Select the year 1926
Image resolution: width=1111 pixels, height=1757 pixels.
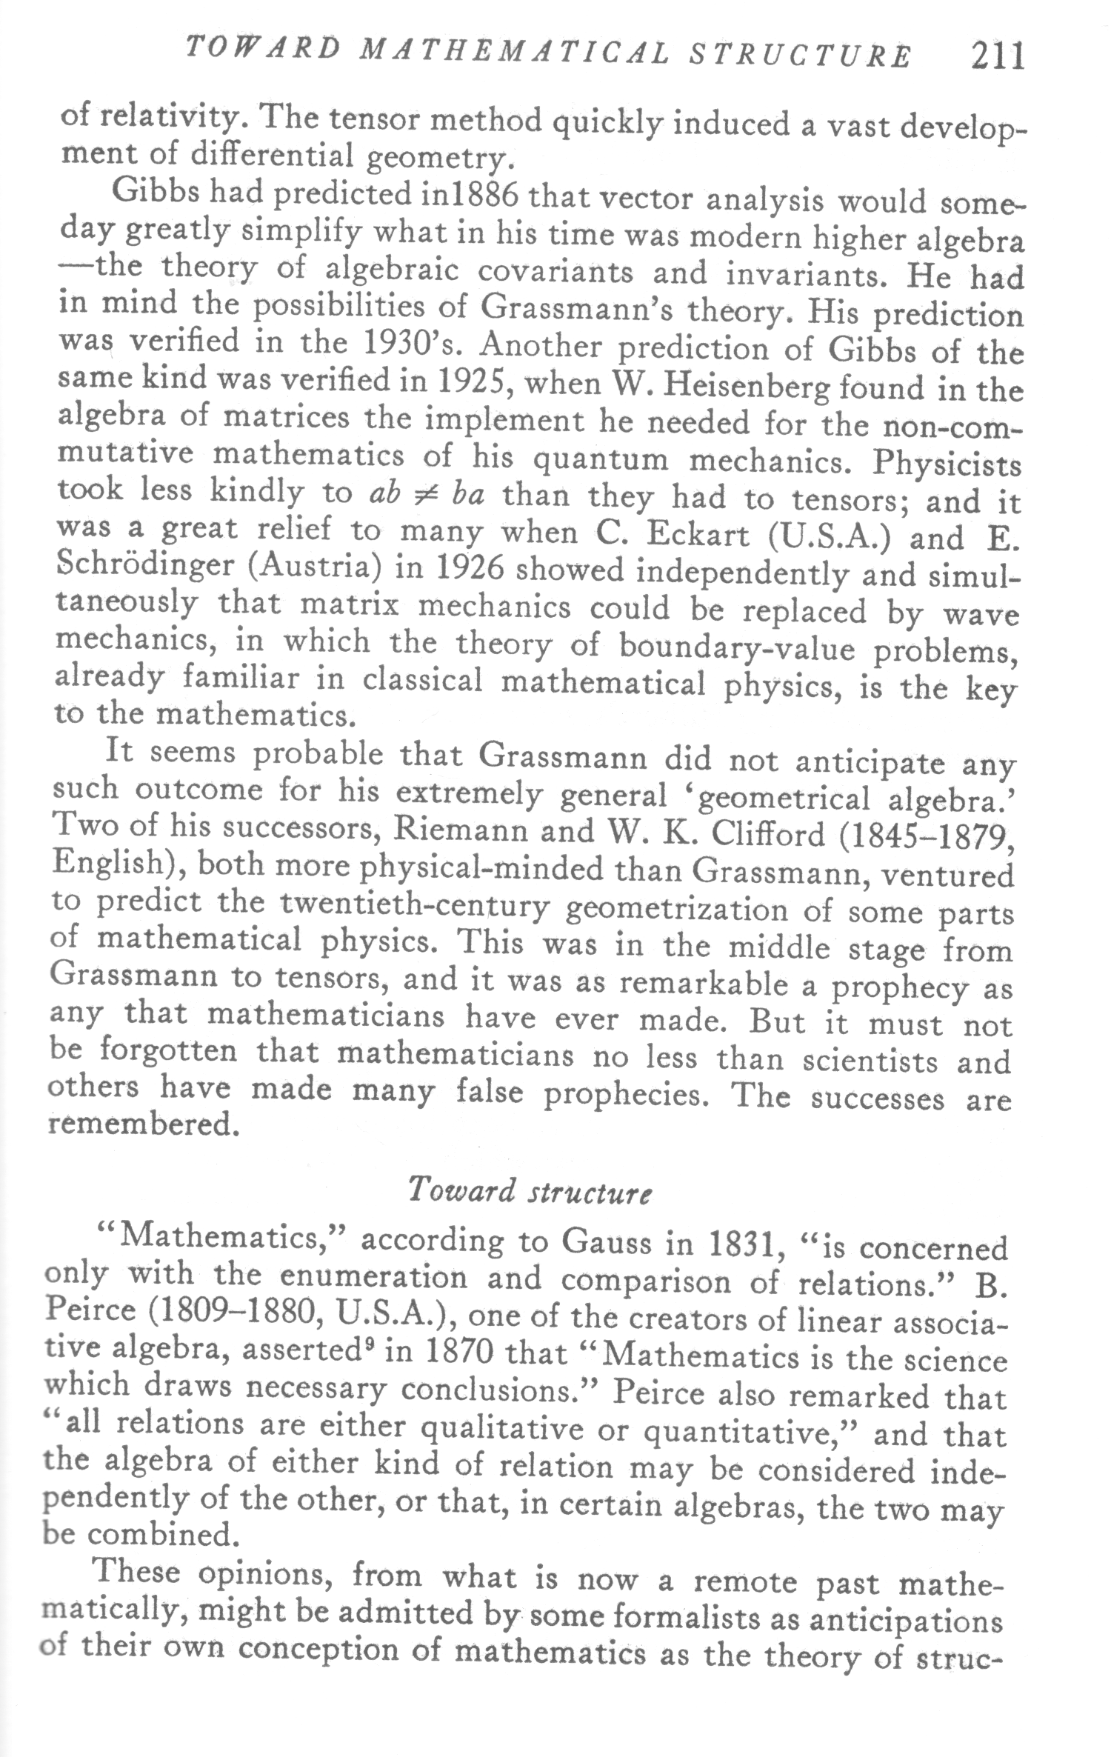[470, 569]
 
